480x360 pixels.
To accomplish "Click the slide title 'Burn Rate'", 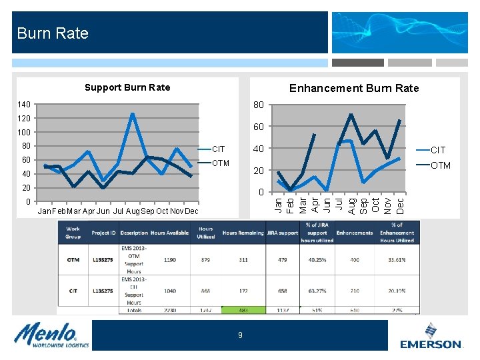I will click(53, 33).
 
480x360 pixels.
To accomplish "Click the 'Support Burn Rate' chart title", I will click(127, 87).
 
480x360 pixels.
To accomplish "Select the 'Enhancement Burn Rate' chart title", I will click(354, 88).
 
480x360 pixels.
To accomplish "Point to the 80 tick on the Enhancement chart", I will click(259, 105).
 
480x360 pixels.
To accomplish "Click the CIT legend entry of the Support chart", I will click(218, 149).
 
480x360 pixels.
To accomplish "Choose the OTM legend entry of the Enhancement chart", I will click(440, 165).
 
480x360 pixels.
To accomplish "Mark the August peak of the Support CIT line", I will click(133, 114).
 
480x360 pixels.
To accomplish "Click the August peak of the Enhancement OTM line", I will click(351, 115).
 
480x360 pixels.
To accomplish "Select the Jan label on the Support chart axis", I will click(45, 211).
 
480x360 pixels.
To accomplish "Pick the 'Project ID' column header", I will click(104, 233).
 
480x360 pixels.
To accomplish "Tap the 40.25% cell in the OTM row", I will click(315, 259).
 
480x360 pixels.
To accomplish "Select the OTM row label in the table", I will click(73, 259).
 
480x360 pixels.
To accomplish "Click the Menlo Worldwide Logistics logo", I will click(50, 335).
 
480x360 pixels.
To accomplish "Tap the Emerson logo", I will click(431, 337).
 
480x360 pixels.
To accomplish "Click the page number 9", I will click(240, 335).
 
